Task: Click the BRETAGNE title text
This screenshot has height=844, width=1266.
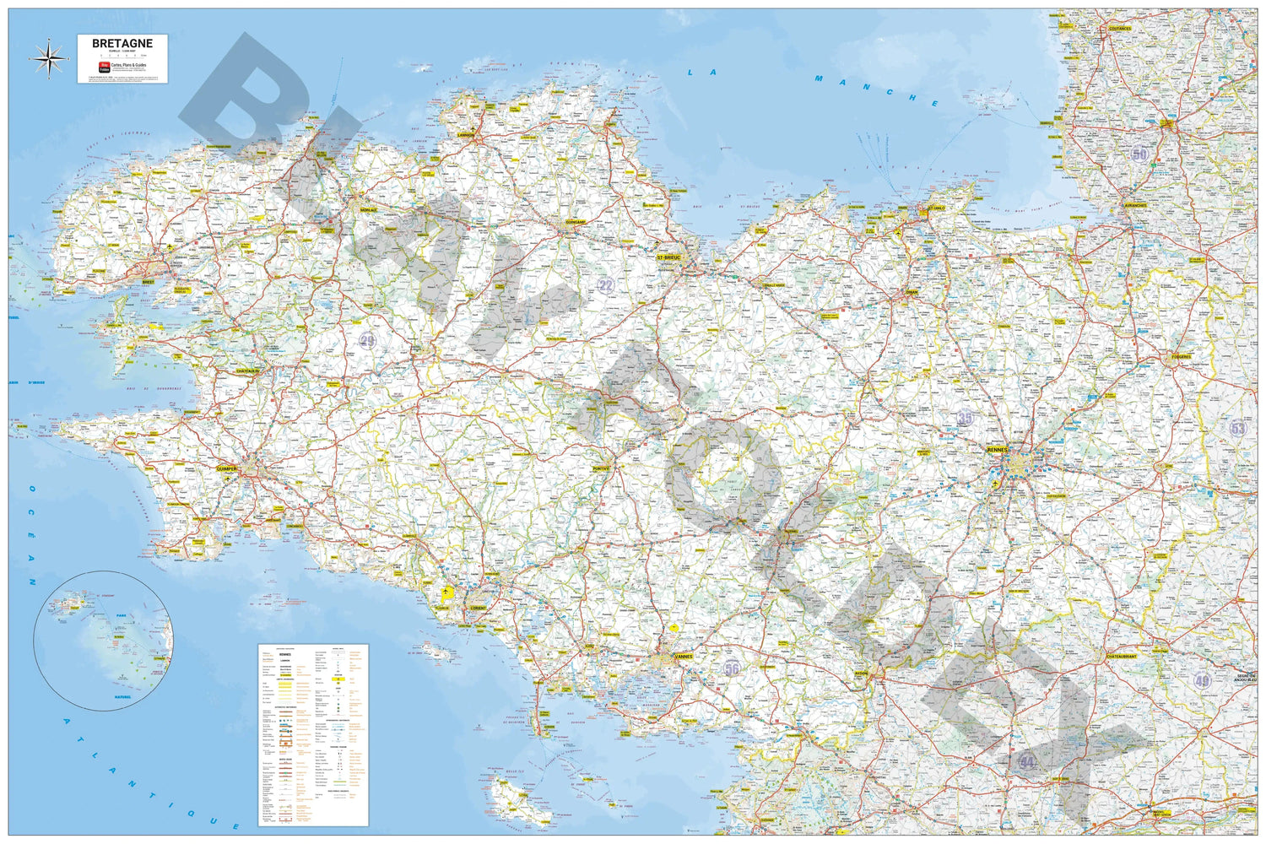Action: pyautogui.click(x=122, y=44)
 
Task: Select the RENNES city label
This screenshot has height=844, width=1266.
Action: pyautogui.click(x=997, y=450)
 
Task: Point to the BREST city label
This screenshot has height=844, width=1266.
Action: pyautogui.click(x=149, y=282)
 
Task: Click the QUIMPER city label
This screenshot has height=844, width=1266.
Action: pyautogui.click(x=227, y=468)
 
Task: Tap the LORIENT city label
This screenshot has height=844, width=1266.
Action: pyautogui.click(x=479, y=608)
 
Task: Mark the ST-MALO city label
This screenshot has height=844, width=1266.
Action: pyautogui.click(x=935, y=207)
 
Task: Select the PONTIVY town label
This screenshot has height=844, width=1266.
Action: pyautogui.click(x=601, y=468)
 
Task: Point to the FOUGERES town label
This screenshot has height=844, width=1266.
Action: pyautogui.click(x=1180, y=356)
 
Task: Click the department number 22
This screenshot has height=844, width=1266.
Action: pyautogui.click(x=605, y=286)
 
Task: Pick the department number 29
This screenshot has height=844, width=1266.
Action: pyautogui.click(x=367, y=341)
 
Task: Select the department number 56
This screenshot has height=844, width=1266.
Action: pyautogui.click(x=731, y=668)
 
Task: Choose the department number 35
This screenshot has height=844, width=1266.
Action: pyautogui.click(x=965, y=418)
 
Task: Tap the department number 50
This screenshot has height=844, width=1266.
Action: pyautogui.click(x=1140, y=154)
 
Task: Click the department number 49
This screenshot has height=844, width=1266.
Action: pyautogui.click(x=1203, y=680)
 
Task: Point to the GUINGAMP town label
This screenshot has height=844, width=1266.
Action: pyautogui.click(x=576, y=222)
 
